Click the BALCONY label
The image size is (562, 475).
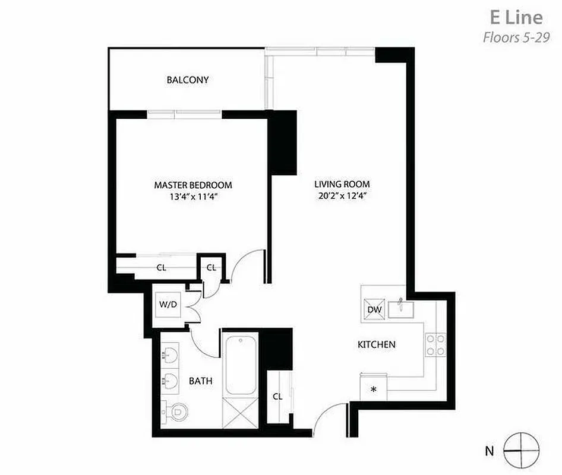coord(188,80)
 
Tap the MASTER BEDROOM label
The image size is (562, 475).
coord(193,185)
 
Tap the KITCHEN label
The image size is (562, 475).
coord(376,344)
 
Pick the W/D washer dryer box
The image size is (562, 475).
coord(168,305)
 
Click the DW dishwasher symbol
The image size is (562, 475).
coord(374,309)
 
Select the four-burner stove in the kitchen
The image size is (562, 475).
coord(435,345)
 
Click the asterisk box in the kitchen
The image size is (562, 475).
coord(374,390)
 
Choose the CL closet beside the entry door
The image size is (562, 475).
coord(277,397)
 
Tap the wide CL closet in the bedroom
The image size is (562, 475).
coord(161,267)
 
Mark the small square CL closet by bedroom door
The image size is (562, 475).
coord(211,267)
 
